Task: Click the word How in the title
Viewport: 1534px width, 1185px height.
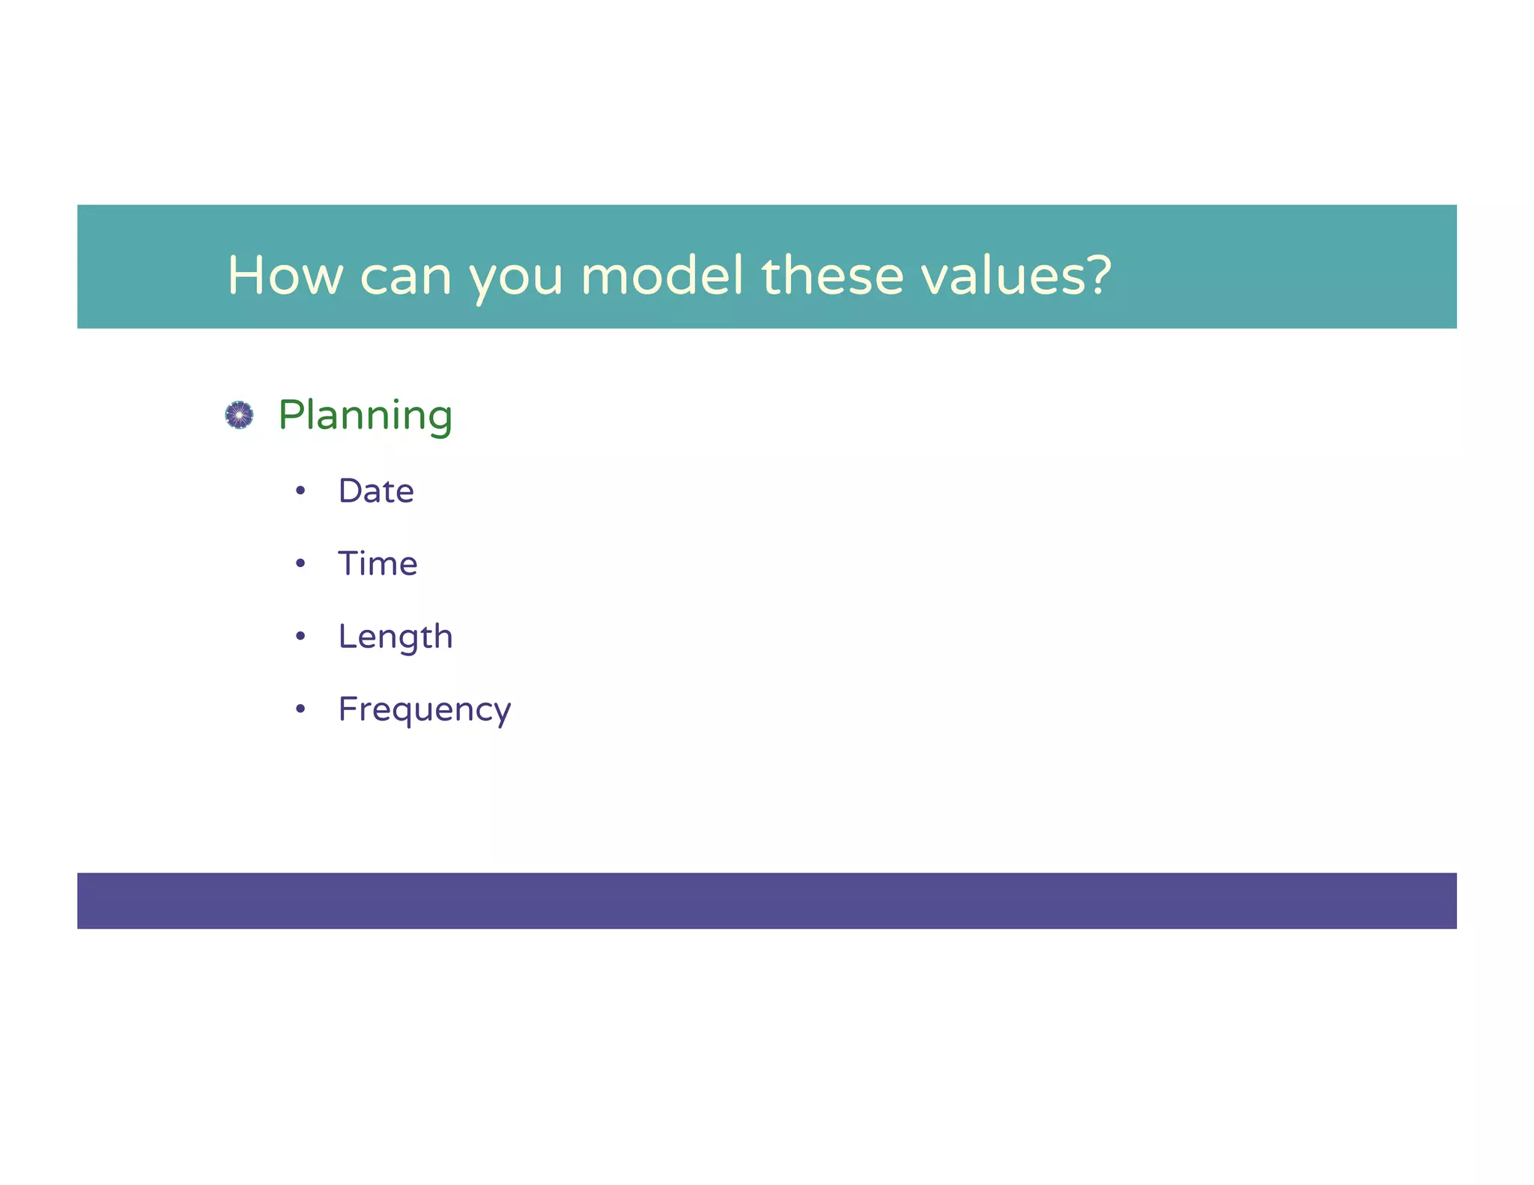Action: (x=285, y=276)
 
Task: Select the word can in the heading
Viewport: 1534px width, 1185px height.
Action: (x=405, y=277)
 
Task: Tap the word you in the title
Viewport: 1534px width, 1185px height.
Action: (x=515, y=279)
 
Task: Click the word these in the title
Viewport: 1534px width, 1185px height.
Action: (x=832, y=275)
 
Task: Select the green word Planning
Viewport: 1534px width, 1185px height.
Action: (x=365, y=416)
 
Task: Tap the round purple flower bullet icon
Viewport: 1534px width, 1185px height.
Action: (x=239, y=415)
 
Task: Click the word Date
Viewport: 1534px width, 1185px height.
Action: (x=376, y=491)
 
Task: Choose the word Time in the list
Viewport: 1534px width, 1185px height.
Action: (x=378, y=564)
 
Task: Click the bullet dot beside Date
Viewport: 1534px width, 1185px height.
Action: (x=300, y=491)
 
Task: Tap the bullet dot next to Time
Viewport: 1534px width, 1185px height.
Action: (x=300, y=564)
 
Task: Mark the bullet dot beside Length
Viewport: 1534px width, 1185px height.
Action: (x=300, y=637)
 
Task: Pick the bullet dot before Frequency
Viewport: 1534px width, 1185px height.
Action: (x=300, y=709)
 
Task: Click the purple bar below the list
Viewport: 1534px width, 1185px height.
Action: (x=766, y=901)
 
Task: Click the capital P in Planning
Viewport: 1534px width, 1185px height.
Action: (x=291, y=414)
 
